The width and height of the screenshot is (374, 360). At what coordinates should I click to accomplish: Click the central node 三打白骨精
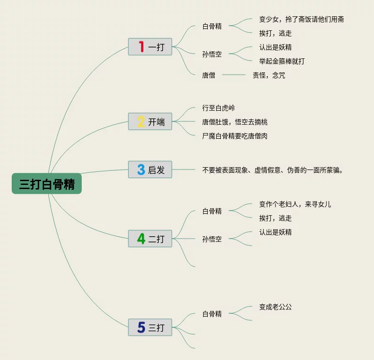tap(47, 184)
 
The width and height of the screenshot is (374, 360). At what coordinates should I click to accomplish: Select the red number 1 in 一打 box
tap(141, 46)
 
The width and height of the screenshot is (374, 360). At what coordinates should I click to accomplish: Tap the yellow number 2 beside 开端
tap(141, 122)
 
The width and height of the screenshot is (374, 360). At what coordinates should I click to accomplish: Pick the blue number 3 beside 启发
tap(141, 169)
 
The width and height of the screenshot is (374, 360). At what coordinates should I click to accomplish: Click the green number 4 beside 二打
tap(141, 239)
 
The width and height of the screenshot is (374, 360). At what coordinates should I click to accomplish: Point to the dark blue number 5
tap(141, 327)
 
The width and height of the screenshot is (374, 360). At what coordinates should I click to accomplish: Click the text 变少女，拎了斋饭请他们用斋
tap(302, 20)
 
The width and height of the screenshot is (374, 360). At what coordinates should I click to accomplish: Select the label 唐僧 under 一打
tap(209, 75)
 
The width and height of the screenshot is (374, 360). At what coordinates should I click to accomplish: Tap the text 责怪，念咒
tap(268, 75)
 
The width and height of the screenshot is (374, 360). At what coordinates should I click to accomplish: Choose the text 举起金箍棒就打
tap(282, 61)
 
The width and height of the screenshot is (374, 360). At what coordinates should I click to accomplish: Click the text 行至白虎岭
tap(219, 108)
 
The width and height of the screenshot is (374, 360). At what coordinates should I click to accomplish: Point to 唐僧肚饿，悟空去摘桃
tap(234, 122)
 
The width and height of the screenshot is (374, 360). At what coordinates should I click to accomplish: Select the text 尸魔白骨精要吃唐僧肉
tap(234, 136)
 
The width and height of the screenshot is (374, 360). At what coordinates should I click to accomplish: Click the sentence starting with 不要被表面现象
tap(273, 170)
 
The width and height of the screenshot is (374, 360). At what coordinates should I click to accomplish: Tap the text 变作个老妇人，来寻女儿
tap(295, 204)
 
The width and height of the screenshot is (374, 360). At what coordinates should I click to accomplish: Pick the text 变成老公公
tap(275, 307)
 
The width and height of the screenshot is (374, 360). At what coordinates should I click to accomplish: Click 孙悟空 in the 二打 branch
tap(212, 239)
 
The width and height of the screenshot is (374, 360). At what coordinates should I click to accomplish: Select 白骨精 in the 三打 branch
tap(212, 314)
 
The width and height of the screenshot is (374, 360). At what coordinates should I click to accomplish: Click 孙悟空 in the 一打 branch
tap(212, 54)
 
